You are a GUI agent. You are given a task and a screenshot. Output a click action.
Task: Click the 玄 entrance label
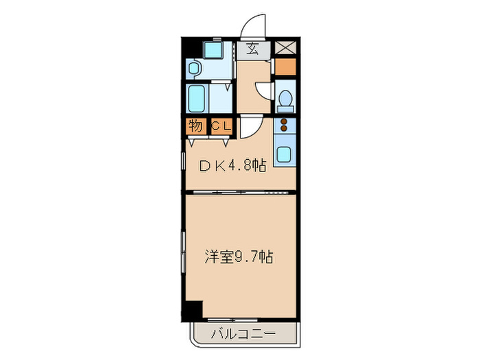(252, 49)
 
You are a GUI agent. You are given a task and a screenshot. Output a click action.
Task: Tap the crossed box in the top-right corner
(284, 49)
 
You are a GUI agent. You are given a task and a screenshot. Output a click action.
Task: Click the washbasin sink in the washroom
(195, 68)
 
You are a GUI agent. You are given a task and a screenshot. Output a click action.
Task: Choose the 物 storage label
(195, 127)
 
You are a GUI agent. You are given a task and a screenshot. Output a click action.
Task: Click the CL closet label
(220, 127)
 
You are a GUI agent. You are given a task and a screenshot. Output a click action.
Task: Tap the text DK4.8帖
(232, 165)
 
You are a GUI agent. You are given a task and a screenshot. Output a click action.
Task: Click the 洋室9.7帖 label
(239, 258)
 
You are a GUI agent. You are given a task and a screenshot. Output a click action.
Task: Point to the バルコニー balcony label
(243, 335)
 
